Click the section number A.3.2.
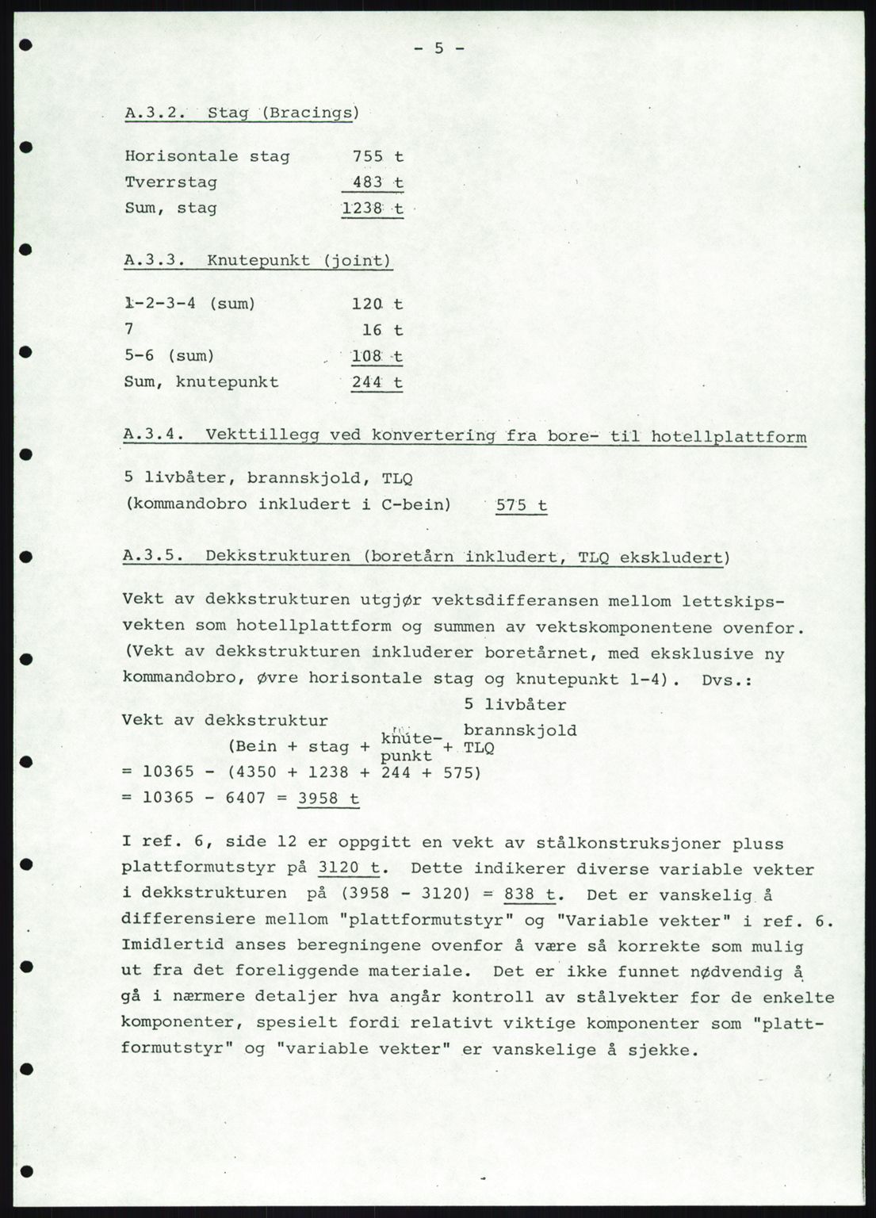[155, 112]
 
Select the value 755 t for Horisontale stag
[378, 156]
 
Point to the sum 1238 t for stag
[372, 209]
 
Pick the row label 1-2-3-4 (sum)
[189, 304]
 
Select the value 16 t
[384, 330]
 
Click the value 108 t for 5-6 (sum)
[377, 357]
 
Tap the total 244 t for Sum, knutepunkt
[377, 382]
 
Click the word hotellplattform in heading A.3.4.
[729, 435]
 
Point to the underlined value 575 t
[521, 505]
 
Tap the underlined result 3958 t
[328, 798]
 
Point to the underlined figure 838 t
[532, 894]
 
